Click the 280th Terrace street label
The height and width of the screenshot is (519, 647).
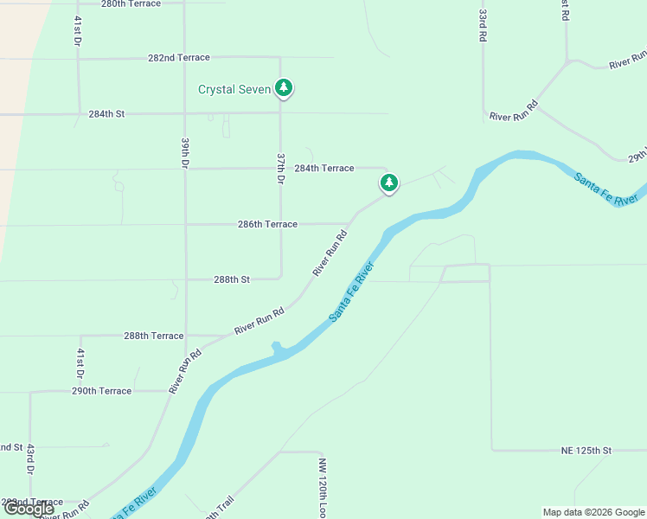click(x=131, y=4)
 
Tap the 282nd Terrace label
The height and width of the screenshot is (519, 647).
click(x=178, y=58)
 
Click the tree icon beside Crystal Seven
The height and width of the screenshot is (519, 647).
click(x=284, y=87)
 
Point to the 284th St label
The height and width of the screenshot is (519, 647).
click(x=106, y=113)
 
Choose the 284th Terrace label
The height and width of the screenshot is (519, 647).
click(x=324, y=168)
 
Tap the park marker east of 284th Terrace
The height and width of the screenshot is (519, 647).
click(x=389, y=183)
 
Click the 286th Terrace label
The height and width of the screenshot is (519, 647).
click(x=267, y=224)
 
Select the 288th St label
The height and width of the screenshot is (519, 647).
click(x=232, y=279)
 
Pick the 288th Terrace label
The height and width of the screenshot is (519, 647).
click(x=153, y=336)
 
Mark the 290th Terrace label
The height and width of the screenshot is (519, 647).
click(x=101, y=391)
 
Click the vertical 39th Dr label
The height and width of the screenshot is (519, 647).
click(x=185, y=152)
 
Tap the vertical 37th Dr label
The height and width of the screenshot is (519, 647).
click(x=280, y=168)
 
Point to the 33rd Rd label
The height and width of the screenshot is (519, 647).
click(x=483, y=27)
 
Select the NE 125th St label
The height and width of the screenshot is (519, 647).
click(x=586, y=451)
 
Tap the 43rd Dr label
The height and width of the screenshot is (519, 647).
click(x=29, y=459)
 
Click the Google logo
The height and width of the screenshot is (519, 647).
click(x=29, y=509)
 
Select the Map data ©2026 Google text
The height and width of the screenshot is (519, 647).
click(x=593, y=512)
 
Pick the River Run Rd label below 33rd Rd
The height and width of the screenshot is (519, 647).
click(x=514, y=110)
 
